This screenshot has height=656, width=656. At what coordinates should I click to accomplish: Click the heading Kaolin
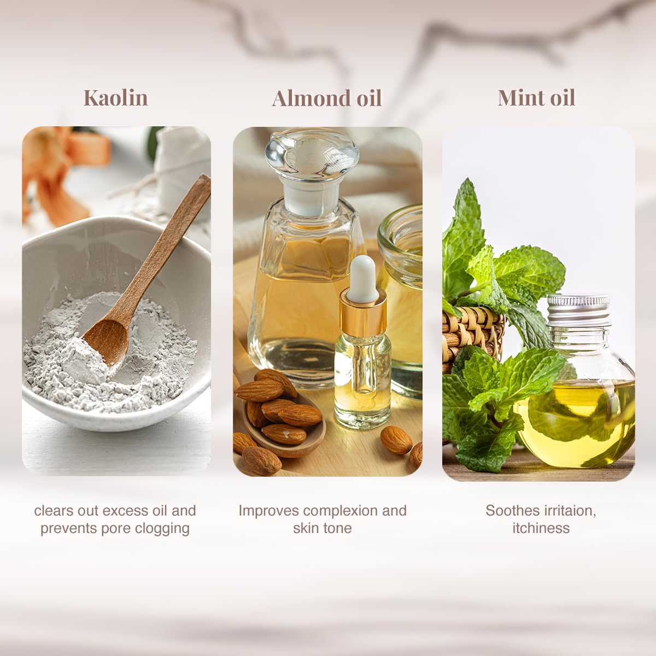pos(116,98)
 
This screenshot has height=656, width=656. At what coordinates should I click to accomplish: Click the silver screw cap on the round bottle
pos(578,311)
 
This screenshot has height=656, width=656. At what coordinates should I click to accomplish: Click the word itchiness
pos(541,528)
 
